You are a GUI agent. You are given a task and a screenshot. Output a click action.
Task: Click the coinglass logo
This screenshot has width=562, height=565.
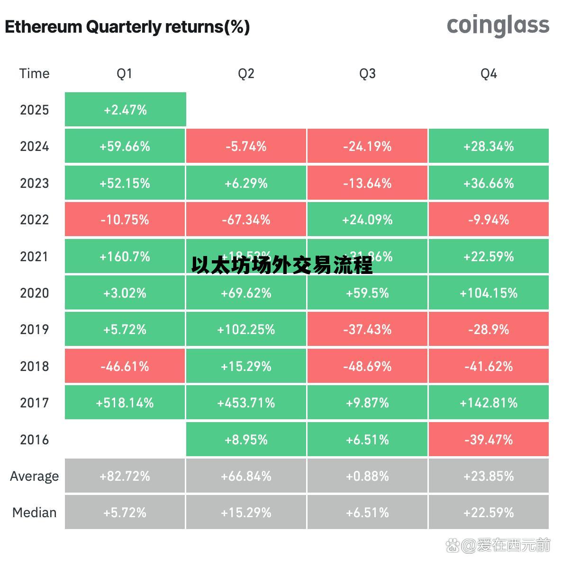(498, 26)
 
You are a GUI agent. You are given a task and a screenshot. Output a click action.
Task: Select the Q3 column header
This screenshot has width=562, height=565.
(367, 73)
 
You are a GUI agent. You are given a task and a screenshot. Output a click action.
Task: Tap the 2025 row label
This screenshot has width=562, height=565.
(34, 110)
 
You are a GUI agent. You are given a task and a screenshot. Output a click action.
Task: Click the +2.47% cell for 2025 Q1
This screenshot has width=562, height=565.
(125, 110)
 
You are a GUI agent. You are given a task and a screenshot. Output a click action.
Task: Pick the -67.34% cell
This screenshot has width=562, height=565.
(246, 220)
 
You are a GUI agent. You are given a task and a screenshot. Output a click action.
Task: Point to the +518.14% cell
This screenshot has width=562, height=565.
(125, 403)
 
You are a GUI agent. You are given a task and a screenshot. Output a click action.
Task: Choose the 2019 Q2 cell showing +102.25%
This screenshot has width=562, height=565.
(246, 329)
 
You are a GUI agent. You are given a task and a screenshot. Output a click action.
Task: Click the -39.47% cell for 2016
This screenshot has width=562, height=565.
(489, 440)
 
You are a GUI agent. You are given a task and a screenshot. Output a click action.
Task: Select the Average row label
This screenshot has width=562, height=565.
(34, 476)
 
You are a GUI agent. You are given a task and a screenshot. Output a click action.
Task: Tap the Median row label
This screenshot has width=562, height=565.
(34, 512)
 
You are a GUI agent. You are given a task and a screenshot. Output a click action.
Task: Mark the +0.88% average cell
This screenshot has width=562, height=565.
(367, 476)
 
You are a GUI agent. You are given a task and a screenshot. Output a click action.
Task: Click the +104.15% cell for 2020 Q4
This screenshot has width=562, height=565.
(489, 293)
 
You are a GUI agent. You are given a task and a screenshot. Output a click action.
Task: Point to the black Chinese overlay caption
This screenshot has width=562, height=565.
(282, 266)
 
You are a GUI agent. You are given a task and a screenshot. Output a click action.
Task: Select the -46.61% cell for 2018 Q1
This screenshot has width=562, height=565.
(125, 366)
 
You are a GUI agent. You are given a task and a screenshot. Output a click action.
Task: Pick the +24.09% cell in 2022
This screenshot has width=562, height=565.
(367, 220)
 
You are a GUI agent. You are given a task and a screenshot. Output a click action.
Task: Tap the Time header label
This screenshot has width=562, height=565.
(34, 73)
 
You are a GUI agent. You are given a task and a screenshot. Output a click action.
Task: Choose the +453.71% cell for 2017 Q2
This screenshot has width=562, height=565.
(246, 403)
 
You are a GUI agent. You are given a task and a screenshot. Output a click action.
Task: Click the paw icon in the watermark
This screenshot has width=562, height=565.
(453, 546)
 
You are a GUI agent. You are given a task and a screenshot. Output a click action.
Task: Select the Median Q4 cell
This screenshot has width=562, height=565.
(489, 512)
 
